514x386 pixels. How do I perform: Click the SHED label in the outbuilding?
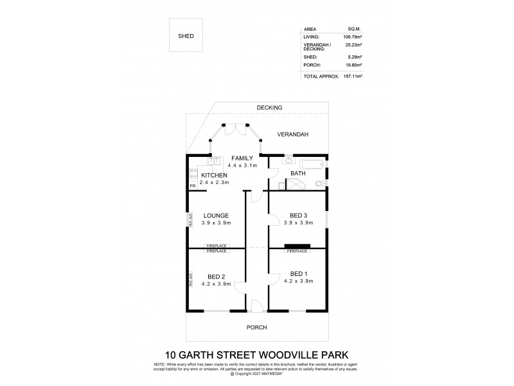[x=186, y=37]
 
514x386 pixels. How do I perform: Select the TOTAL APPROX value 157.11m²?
[x=352, y=77]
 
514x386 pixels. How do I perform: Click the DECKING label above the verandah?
[x=269, y=107]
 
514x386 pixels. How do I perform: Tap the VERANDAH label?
[x=293, y=134]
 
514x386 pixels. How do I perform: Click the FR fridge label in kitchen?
[x=192, y=187]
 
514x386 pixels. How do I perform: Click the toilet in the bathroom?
[x=321, y=184]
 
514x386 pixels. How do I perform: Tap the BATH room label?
[x=298, y=174]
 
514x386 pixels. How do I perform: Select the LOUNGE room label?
[x=216, y=215]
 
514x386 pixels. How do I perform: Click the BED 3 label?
[x=298, y=215]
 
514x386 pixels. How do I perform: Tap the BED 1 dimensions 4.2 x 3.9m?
[x=298, y=281]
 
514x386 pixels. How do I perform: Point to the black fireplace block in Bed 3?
[x=297, y=245]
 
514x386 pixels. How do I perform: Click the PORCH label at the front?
[x=256, y=327]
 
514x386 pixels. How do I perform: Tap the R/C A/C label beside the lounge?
[x=190, y=219]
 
